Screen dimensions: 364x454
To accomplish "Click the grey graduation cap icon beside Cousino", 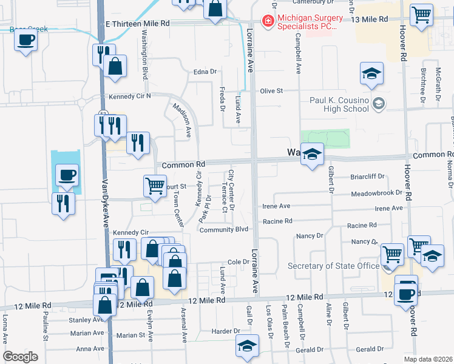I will coord(379,104).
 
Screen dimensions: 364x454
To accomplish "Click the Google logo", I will coord(21,357).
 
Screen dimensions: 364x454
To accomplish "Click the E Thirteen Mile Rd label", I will coord(137,23).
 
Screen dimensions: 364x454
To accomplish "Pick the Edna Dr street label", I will coord(205,72).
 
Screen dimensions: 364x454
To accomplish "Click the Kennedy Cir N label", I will coord(129,96).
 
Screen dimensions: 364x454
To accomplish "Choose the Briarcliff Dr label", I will coord(368,177).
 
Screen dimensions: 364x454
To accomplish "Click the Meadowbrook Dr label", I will coord(376,193).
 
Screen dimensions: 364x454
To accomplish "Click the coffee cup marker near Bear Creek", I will coord(25,41).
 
